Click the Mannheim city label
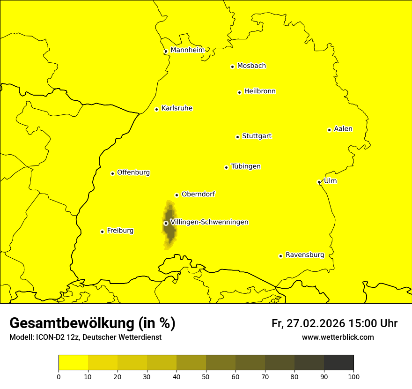coord(187,50)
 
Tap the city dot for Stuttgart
coord(237,137)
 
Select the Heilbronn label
coord(260,91)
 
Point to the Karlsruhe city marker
coord(156,109)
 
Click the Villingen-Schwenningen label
coord(209,222)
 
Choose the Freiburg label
coord(120,231)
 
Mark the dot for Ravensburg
coord(280,256)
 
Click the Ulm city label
coord(330,181)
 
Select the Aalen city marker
coord(329,130)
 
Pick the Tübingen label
coord(246,166)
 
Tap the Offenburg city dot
coord(112,173)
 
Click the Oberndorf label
coord(198,194)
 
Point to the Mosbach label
coord(251,66)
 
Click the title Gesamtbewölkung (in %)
coord(92,323)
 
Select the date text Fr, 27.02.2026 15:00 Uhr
coord(334,323)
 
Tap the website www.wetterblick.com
coord(338,337)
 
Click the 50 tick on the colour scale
coord(206,376)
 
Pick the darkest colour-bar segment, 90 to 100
coord(338,363)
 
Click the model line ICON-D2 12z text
coord(85,337)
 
